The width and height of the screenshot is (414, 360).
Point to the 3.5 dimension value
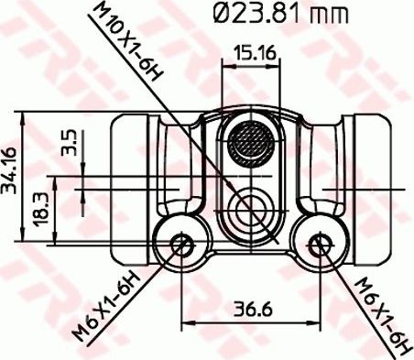[69, 146]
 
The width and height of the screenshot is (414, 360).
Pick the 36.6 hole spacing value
[251, 310]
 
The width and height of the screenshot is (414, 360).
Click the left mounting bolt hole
[182, 245]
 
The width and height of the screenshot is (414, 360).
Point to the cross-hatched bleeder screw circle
[251, 144]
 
